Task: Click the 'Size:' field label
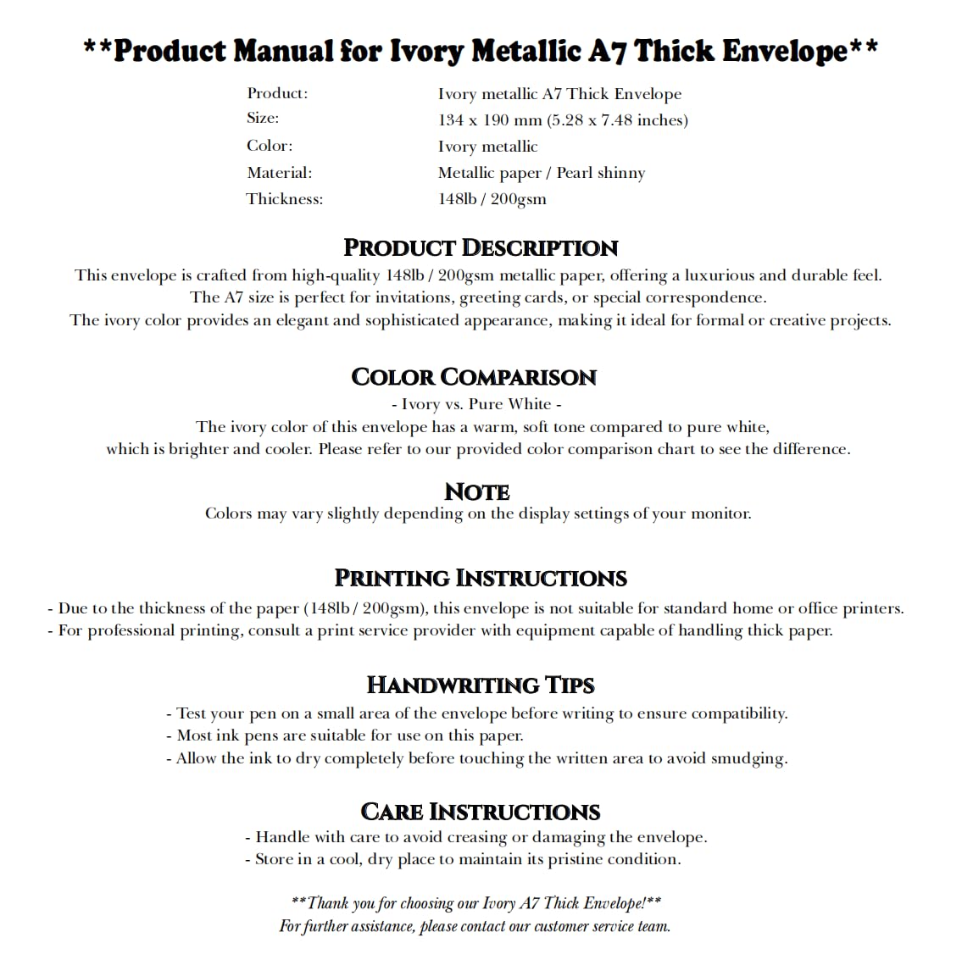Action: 263,119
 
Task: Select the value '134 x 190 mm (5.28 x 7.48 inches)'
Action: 563,120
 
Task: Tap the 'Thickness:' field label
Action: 285,199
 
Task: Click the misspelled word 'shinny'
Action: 621,173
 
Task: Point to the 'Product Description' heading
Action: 481,247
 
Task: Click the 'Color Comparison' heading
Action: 474,377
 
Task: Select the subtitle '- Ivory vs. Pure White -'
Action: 476,404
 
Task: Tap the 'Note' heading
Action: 477,491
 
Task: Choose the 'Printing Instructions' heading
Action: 481,578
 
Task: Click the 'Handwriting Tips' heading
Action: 481,685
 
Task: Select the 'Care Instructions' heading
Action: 481,812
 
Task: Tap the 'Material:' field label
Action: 280,173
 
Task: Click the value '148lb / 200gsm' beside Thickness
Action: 492,199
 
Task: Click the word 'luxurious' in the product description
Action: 719,275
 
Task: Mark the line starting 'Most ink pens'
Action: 345,735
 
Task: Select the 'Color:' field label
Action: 270,146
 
